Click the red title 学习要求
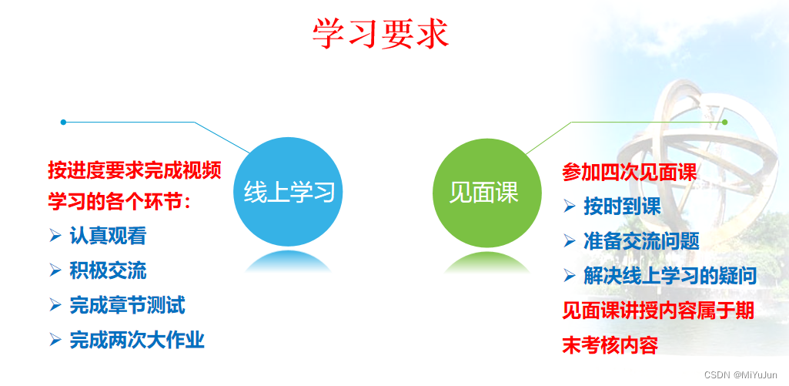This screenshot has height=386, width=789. (x=380, y=34)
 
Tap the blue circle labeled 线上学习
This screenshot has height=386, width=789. (x=289, y=192)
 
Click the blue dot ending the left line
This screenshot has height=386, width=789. (x=63, y=122)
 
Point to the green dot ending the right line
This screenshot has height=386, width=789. (x=724, y=122)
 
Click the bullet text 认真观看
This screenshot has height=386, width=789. (x=109, y=236)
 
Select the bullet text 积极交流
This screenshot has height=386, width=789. (x=109, y=270)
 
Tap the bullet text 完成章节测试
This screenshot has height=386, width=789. (x=128, y=305)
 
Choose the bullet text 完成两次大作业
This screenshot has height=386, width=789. (x=137, y=340)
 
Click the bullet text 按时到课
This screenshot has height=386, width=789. (x=623, y=206)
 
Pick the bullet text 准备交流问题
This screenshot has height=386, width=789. (x=641, y=241)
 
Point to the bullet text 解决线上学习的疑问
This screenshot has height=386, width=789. (x=670, y=276)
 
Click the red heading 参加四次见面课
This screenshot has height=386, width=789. (x=630, y=173)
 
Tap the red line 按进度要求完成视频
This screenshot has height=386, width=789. (x=135, y=170)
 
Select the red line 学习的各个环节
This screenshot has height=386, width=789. (x=120, y=203)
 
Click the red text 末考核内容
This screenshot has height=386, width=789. (x=610, y=346)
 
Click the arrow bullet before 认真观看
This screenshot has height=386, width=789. (x=55, y=236)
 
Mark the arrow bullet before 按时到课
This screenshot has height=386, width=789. (x=570, y=206)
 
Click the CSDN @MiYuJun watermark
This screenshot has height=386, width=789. (x=741, y=375)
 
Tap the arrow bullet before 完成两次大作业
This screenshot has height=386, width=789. (x=55, y=340)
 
